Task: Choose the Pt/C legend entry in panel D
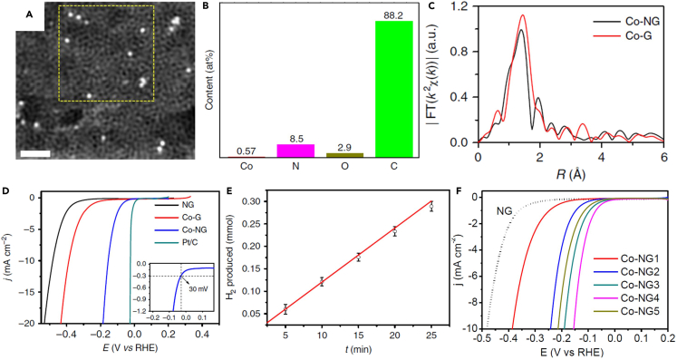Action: [187, 236]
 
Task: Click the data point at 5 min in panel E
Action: [285, 309]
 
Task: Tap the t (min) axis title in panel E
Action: [356, 354]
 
